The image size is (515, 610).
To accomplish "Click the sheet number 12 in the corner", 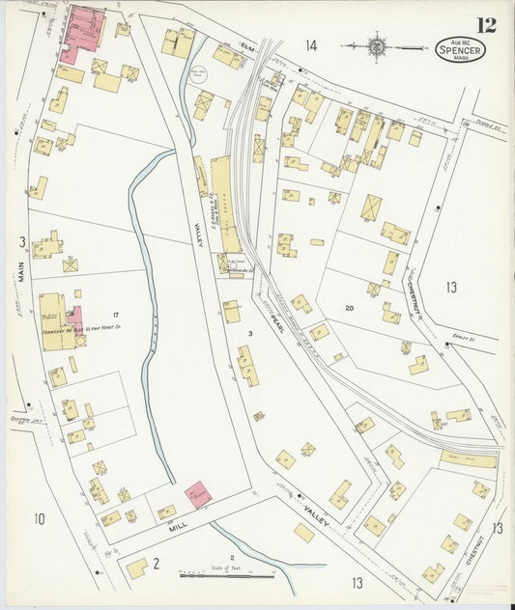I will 486,24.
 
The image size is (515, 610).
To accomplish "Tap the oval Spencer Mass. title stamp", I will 460,48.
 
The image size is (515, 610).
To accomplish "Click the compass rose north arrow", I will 378,45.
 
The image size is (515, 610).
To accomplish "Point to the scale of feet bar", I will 226,576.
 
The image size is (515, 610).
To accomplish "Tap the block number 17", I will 115,316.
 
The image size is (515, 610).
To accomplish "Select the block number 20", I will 349,307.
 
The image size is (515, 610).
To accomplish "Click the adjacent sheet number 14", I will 310,45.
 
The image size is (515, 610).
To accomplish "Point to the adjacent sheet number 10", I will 39,520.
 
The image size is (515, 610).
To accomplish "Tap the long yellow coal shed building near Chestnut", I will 468,458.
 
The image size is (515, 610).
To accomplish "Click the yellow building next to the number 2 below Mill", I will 137,568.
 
